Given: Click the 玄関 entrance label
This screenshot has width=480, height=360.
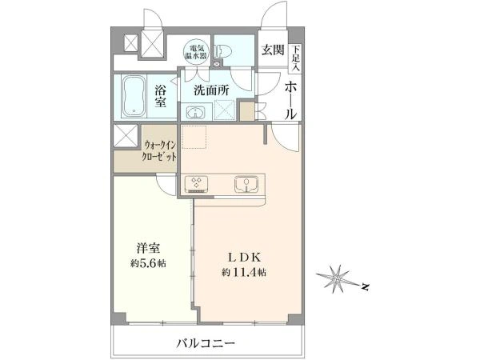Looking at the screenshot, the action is [x=273, y=50].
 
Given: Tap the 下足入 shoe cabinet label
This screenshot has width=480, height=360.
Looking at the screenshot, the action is [x=296, y=58].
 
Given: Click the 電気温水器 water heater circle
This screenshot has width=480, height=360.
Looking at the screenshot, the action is [x=196, y=52].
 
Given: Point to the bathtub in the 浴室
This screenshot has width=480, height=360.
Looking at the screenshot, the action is [x=134, y=96].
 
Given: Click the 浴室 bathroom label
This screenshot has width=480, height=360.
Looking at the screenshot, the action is [x=160, y=96].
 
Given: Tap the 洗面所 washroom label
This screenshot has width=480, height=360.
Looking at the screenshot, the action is [x=211, y=90].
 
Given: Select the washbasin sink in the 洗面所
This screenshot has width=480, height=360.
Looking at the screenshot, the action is [x=195, y=112].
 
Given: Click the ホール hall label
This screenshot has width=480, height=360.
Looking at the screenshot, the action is [x=290, y=101].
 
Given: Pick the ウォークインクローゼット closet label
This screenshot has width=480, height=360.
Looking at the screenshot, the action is [x=160, y=150].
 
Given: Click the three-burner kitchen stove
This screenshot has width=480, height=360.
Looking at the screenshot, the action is [x=196, y=185].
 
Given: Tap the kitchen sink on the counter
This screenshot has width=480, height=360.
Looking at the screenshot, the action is [x=246, y=185].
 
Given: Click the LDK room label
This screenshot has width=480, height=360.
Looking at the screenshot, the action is [x=245, y=258].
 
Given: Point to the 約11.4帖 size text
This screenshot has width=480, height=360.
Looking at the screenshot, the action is [x=244, y=272].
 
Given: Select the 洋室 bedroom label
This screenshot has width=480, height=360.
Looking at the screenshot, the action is [x=149, y=248].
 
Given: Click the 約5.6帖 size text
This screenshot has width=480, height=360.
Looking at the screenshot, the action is [x=148, y=263].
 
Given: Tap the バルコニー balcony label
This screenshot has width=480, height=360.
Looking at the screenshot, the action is [x=206, y=343].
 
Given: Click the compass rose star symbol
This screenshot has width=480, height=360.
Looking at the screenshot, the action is [x=337, y=278].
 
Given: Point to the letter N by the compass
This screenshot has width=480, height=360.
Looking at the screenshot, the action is [x=365, y=287].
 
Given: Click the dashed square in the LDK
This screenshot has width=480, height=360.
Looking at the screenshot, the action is [x=194, y=137].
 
